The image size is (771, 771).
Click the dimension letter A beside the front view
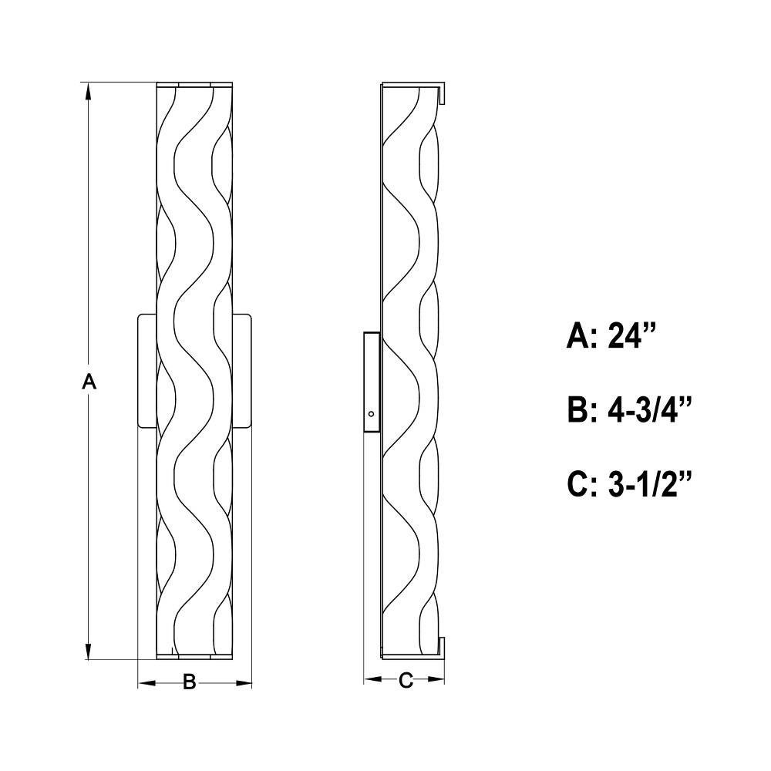(x=89, y=381)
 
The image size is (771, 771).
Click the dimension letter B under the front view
(x=190, y=682)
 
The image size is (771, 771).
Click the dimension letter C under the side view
(x=406, y=681)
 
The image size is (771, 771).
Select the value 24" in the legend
(x=632, y=336)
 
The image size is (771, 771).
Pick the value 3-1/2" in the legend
(x=649, y=483)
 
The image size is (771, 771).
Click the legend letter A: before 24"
(x=581, y=336)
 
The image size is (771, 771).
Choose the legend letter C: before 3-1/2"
(x=581, y=484)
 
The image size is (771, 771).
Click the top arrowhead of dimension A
(x=89, y=92)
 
